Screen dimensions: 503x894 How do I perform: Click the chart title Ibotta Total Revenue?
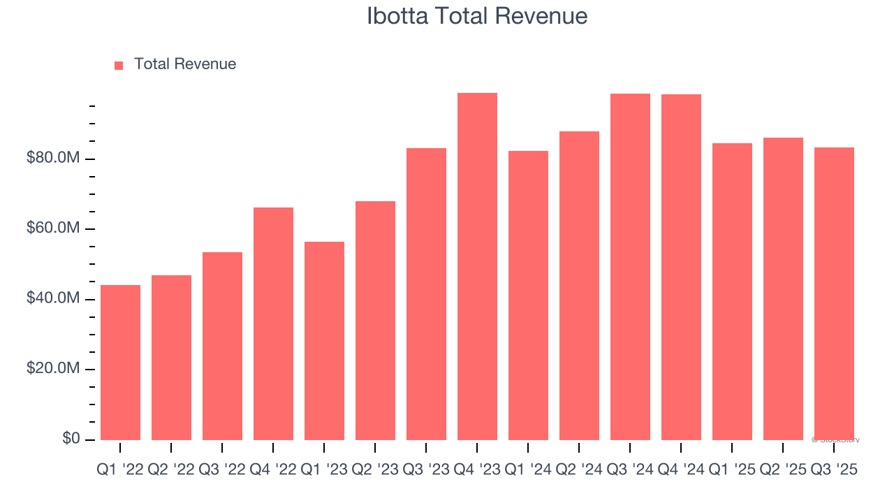pos(477,16)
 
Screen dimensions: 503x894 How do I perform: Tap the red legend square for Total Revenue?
pos(119,65)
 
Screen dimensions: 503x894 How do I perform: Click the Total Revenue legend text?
pos(185,64)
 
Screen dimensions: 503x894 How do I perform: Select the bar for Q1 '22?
pos(120,363)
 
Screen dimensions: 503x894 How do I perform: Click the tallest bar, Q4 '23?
pos(477,266)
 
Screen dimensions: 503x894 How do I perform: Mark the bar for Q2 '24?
pos(579,286)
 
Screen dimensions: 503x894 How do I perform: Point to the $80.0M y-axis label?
pos(53,159)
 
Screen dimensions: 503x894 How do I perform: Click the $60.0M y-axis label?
pos(53,229)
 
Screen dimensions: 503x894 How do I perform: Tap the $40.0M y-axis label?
pos(53,299)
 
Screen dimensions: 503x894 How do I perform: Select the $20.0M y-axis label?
pos(53,369)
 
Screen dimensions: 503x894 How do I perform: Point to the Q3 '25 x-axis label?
pos(835,470)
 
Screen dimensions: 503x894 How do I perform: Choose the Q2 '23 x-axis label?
pos(375,470)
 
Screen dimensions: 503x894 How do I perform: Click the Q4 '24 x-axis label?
pos(681,470)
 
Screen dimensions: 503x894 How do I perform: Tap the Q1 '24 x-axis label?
pos(528,470)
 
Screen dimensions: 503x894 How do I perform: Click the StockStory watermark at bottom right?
pos(836,440)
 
